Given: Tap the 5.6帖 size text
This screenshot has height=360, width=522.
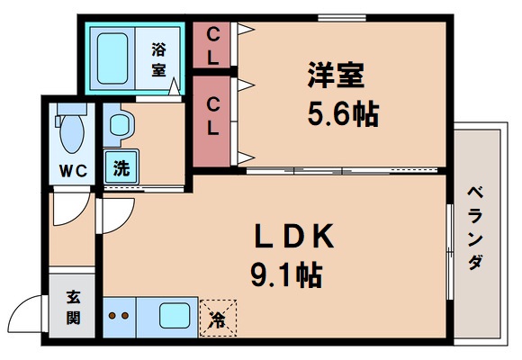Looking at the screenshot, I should point(339,114).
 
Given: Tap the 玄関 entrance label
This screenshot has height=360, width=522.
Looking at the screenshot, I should point(71,306).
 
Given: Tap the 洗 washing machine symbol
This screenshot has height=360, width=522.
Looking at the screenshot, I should point(119,167).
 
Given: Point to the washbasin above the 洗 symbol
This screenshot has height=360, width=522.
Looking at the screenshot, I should point(118,126).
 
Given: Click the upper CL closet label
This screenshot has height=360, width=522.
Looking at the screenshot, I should point(213,45).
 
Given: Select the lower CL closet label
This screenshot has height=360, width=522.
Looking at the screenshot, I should point(213,117).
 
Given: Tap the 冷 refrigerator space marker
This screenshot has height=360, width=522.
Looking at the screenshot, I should point(218,318).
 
